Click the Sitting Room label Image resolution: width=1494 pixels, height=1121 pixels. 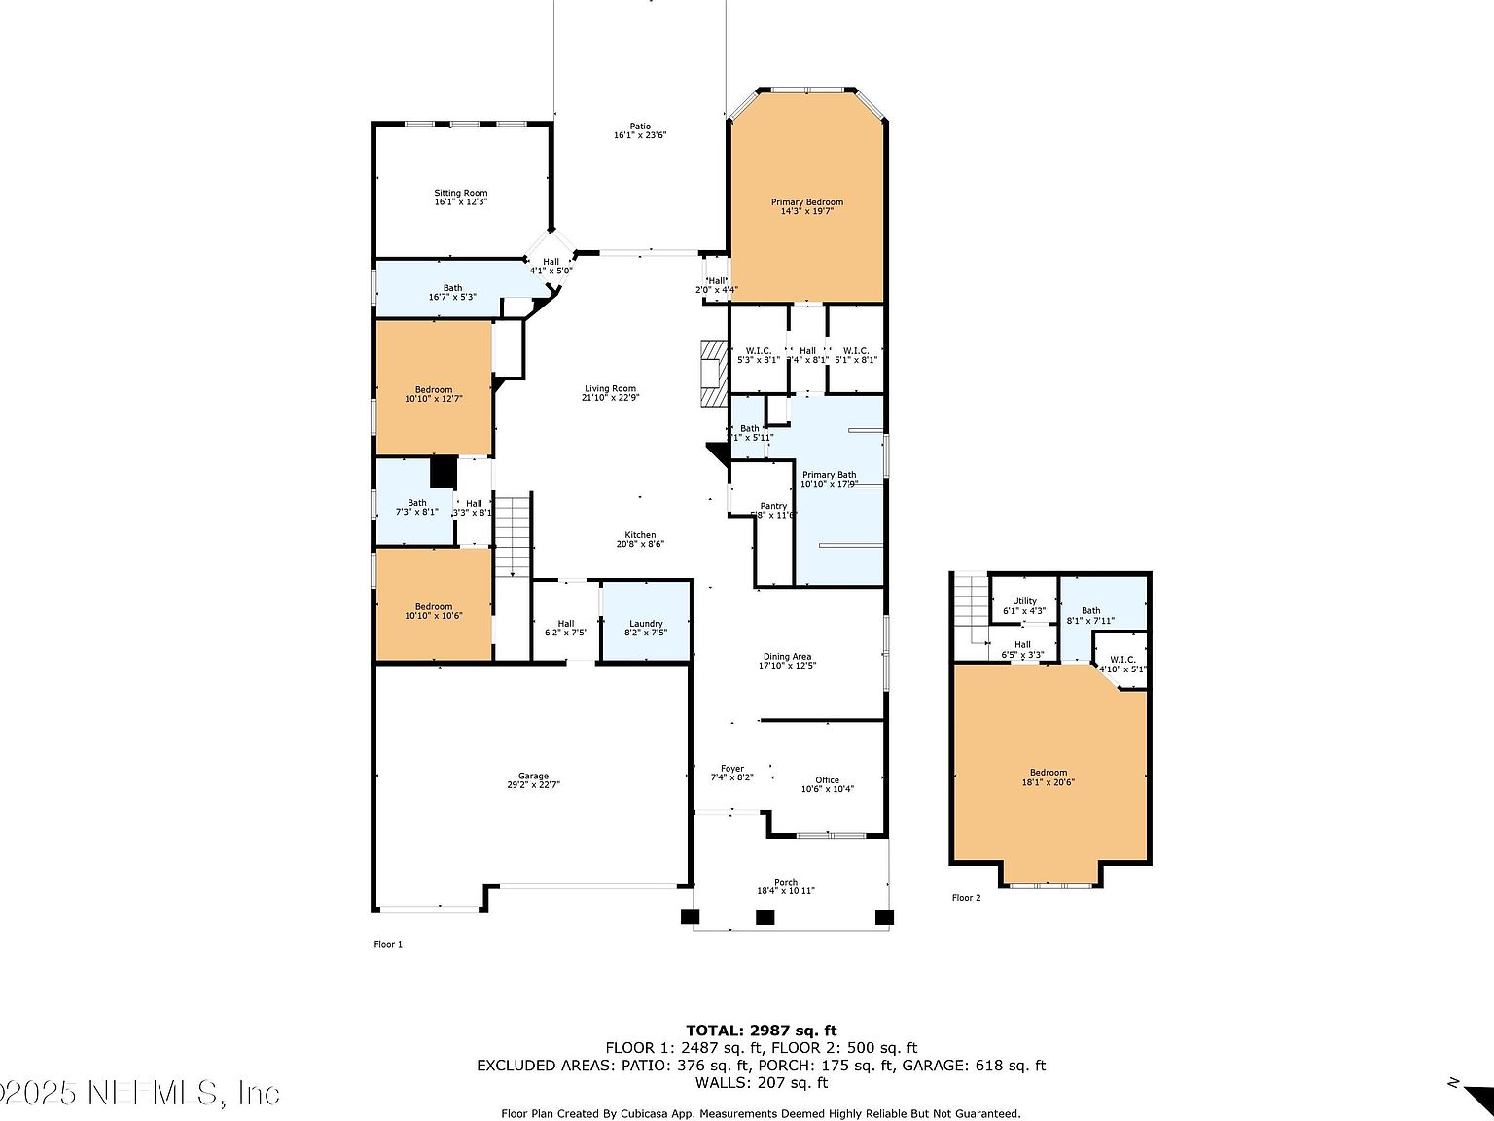coord(460,193)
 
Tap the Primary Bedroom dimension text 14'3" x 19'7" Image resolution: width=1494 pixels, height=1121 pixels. coord(806,210)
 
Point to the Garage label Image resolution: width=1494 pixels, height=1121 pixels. coord(533,776)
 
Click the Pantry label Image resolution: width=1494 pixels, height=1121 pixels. coord(773,506)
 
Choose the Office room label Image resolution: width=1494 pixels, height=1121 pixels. coord(827,780)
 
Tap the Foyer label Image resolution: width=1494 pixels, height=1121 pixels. coord(731,769)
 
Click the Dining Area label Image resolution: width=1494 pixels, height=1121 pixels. coord(787,657)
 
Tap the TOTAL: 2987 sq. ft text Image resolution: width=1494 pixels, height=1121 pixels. coord(761,1031)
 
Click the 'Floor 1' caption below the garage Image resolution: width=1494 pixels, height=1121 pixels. coord(388,944)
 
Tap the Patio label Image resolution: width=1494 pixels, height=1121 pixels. coord(639,126)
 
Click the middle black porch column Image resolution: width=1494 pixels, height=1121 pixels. coord(765,917)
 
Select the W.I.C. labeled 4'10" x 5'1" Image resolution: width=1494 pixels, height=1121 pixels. coord(1122,664)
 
